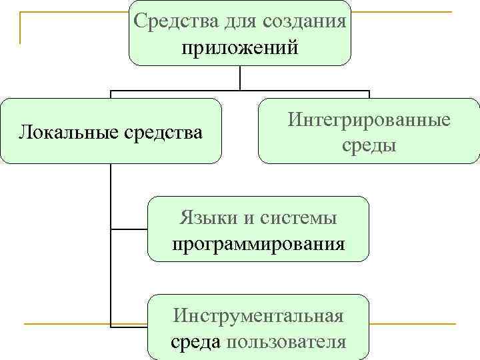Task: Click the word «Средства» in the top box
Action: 170,20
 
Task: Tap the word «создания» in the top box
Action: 307,20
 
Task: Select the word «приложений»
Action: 239,48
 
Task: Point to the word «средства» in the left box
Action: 163,131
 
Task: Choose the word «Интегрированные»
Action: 369,120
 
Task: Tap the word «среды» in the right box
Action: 369,145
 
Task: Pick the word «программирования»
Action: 259,243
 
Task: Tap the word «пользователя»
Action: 287,341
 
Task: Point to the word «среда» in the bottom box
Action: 197,341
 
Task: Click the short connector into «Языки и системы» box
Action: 129,229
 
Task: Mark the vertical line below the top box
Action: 240,77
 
